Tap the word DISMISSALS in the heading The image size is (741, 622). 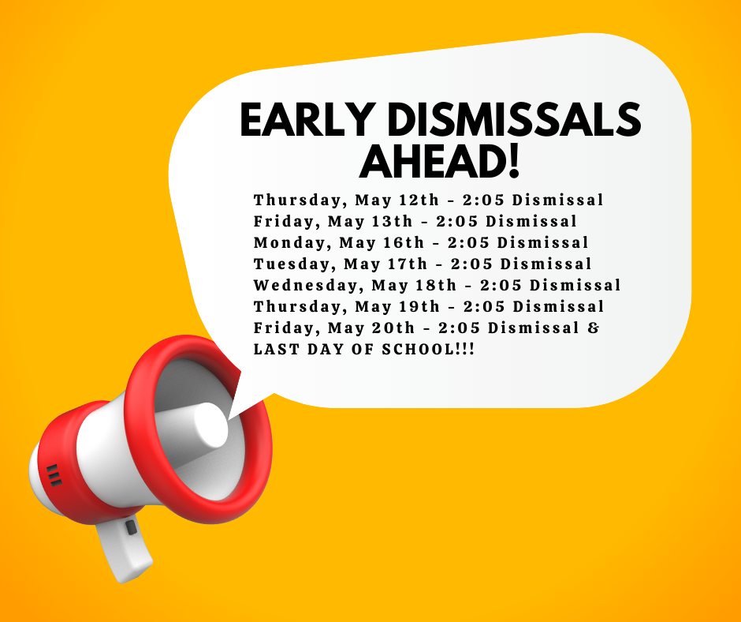[514, 119]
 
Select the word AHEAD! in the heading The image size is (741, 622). [440, 161]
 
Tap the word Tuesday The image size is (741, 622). [295, 264]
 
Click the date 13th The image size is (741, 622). [393, 222]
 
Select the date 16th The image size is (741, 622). [404, 243]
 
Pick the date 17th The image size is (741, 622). [408, 264]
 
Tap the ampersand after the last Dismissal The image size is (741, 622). [594, 328]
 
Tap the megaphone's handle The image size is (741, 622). [125, 550]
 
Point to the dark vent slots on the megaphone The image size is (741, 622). [54, 474]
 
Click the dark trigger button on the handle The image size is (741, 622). [132, 526]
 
